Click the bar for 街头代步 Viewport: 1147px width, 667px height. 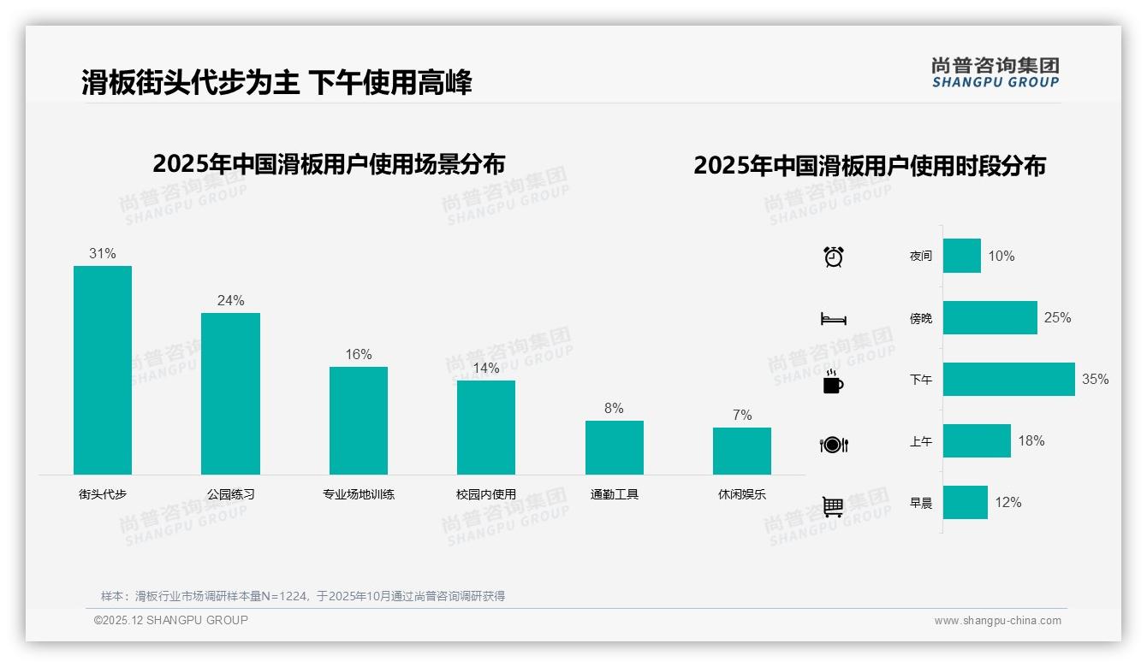(x=103, y=369)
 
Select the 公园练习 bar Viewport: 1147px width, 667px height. (x=230, y=393)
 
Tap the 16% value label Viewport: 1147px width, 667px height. (x=359, y=354)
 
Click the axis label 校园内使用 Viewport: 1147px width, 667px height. (x=486, y=494)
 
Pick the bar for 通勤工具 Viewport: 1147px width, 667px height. (x=614, y=447)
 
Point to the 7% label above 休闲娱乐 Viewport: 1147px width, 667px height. (x=742, y=415)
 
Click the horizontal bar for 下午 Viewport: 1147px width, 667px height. (x=1008, y=379)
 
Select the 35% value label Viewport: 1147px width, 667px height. (x=1095, y=379)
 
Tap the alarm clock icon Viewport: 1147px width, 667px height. (x=833, y=257)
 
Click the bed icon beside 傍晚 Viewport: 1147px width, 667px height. (x=833, y=319)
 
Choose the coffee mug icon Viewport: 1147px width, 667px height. (x=833, y=382)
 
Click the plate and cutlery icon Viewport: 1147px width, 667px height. (x=833, y=445)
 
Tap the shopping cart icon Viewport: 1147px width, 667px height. (x=833, y=506)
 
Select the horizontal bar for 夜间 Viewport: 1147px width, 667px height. (x=961, y=256)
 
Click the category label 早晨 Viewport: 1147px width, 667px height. (x=921, y=503)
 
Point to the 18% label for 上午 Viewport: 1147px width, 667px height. (x=1031, y=440)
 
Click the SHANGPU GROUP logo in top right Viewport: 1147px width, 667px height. (x=995, y=72)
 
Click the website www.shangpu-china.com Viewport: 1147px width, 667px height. (x=997, y=621)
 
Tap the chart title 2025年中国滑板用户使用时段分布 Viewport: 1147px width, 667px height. (x=870, y=165)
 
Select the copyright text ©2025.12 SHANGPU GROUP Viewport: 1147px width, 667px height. (x=171, y=620)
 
